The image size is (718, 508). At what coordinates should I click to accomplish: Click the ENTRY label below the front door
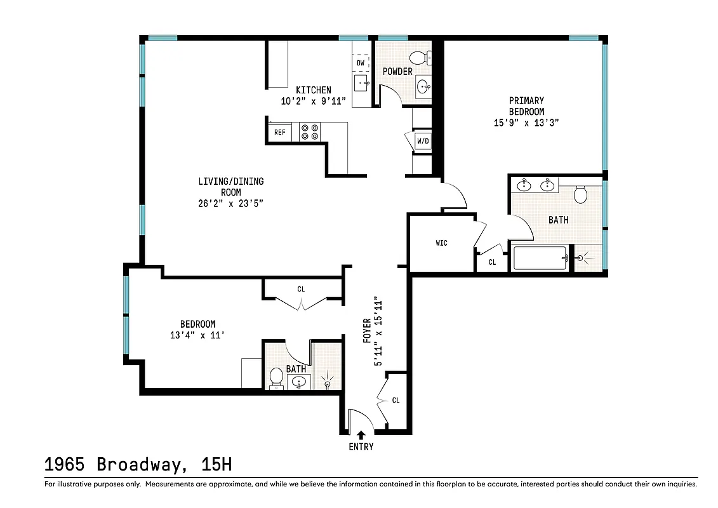(361, 446)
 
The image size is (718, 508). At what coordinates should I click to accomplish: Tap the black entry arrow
(361, 435)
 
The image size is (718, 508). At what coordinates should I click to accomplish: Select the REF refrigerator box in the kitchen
(279, 133)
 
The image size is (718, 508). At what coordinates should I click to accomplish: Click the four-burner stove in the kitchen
(309, 131)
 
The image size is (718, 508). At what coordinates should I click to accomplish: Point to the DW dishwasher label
(360, 63)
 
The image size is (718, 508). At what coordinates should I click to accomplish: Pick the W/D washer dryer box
(422, 140)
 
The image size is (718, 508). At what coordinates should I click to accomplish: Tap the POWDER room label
(397, 72)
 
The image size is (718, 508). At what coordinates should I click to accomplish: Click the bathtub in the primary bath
(540, 258)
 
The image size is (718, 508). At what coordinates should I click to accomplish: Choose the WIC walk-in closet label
(441, 243)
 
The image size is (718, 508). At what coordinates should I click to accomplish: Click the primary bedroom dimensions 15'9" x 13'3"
(526, 123)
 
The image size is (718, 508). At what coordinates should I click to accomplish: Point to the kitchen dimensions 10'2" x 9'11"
(313, 100)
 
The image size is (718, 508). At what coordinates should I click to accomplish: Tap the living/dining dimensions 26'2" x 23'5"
(230, 203)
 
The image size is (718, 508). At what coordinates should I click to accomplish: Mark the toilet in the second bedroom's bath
(276, 377)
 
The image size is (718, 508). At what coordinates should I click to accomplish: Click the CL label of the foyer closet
(396, 401)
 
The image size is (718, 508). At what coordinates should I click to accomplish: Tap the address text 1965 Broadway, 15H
(138, 464)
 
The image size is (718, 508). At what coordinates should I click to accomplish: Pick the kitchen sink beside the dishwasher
(362, 83)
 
